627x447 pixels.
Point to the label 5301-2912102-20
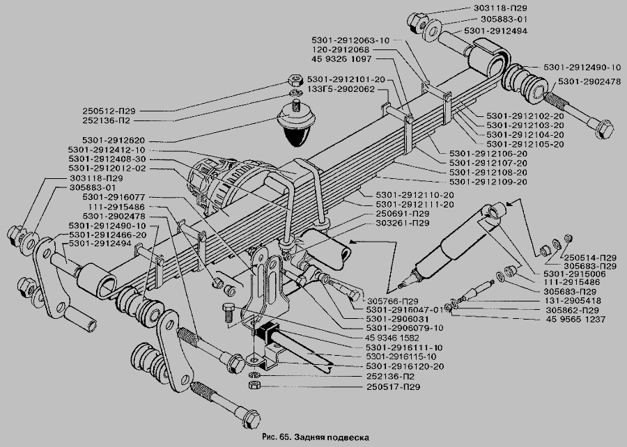525,116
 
